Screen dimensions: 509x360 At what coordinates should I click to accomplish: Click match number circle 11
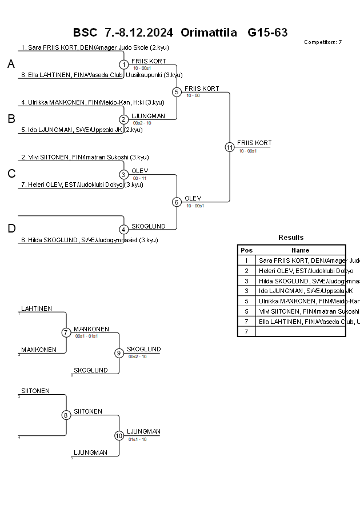tap(230, 147)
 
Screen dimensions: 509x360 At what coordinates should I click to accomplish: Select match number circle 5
tap(177, 92)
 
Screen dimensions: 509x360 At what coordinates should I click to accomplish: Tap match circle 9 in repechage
tap(119, 353)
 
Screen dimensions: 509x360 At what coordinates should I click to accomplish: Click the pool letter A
tap(11, 65)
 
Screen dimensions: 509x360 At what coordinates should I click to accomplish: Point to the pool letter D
tap(11, 229)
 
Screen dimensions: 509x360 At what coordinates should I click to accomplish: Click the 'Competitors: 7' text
tap(323, 42)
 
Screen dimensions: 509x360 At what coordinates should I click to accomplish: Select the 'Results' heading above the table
tap(291, 238)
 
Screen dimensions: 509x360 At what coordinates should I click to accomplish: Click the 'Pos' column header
tap(246, 250)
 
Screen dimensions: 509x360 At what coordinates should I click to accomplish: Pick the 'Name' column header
tap(300, 250)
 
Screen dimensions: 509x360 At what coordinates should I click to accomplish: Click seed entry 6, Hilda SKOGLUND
tap(90, 240)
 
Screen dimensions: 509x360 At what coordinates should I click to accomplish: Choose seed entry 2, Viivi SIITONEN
tap(85, 157)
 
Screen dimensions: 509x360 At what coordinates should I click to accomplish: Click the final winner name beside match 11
tap(254, 143)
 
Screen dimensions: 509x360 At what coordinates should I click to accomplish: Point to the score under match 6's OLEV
tap(195, 206)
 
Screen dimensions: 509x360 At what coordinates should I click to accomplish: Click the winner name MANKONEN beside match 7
tap(91, 330)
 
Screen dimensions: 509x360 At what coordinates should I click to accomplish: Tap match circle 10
tap(119, 435)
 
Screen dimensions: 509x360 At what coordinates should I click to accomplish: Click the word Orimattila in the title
tap(209, 33)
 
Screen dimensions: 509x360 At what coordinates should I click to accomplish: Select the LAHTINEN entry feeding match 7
tap(37, 308)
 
